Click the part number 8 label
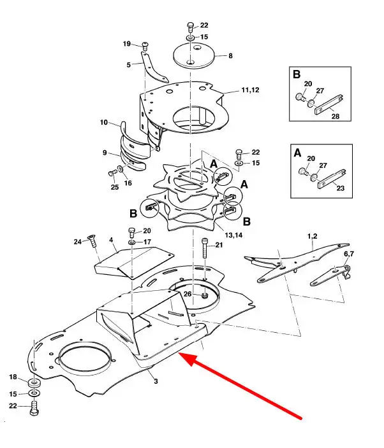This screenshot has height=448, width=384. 230,56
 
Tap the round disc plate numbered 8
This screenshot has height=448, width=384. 194,56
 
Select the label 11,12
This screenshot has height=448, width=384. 250,90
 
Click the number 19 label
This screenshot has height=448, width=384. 127,44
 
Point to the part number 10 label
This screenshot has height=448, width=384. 104,122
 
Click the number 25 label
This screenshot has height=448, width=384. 115,187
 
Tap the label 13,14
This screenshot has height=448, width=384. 233,235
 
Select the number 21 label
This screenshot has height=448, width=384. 219,245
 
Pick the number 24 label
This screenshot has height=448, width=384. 78,242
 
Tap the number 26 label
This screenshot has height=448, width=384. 188,294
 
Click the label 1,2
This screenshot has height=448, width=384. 313,236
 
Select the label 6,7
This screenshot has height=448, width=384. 349,254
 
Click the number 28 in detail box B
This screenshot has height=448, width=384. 336,116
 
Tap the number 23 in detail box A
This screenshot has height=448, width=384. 340,188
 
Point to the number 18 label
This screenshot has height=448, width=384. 13,377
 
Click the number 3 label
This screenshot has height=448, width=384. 156,381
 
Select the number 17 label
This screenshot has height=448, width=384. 147,242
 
